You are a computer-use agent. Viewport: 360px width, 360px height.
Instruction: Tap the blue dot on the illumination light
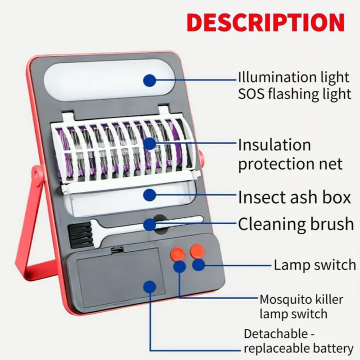pyautogui.click(x=149, y=81)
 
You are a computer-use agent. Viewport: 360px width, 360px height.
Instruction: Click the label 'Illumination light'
pyautogui.click(x=294, y=77)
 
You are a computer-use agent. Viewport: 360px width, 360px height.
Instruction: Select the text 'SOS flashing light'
pyautogui.click(x=295, y=94)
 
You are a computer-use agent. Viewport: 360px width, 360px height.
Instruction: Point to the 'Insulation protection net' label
pyautogui.click(x=290, y=154)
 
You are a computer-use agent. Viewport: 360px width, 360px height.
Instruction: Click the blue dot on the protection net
pyautogui.click(x=149, y=144)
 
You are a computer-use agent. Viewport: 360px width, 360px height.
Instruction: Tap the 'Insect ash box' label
pyautogui.click(x=294, y=197)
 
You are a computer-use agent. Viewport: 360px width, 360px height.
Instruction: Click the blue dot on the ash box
pyautogui.click(x=149, y=195)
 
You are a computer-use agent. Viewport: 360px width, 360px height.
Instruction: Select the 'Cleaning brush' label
pyautogui.click(x=296, y=224)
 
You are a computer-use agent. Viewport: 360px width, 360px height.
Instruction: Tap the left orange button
pyautogui.click(x=177, y=254)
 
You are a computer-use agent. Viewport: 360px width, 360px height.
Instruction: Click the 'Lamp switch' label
pyautogui.click(x=315, y=265)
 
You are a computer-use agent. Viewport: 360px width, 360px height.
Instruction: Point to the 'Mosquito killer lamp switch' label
pyautogui.click(x=301, y=306)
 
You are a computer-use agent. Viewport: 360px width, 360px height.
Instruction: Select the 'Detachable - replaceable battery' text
pyautogui.click(x=298, y=341)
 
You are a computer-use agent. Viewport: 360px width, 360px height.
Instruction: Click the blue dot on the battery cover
pyautogui.click(x=149, y=287)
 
